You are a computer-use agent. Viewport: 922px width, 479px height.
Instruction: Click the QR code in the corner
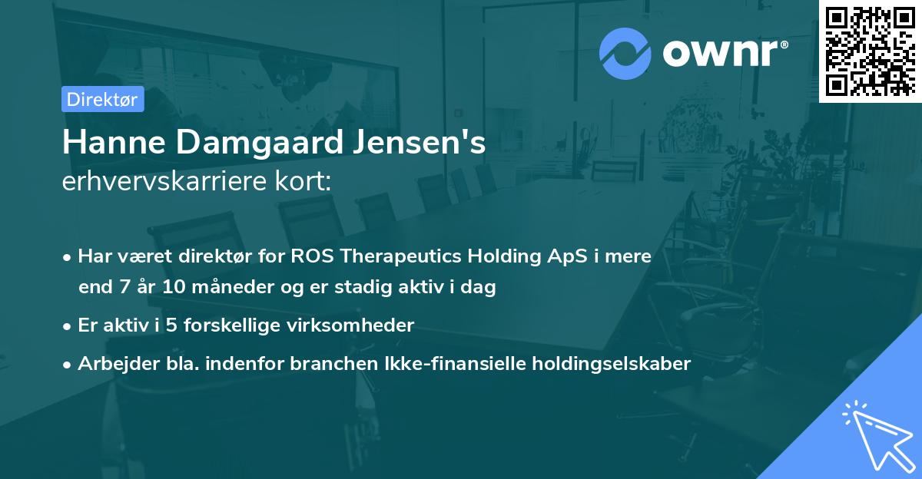coord(870,51)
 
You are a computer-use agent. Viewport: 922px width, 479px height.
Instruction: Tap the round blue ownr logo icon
coord(625,54)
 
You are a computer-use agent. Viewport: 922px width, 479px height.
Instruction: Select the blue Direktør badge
coord(102,99)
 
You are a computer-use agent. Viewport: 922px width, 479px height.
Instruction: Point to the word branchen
coord(326,363)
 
